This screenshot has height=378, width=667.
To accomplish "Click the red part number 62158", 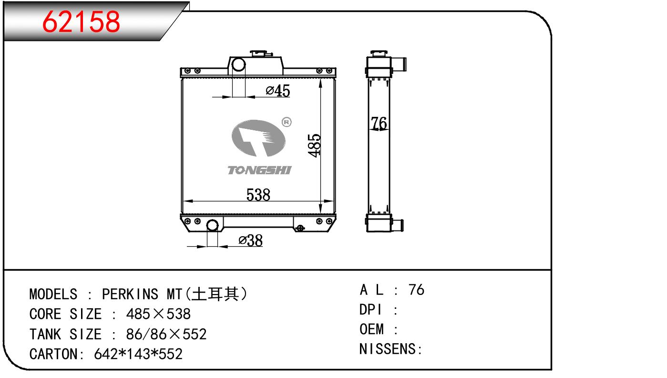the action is [81, 21].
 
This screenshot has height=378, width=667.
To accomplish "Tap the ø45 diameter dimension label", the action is [278, 91].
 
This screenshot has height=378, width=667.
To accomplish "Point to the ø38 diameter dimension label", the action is [250, 241].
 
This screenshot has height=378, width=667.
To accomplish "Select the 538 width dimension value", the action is [258, 195].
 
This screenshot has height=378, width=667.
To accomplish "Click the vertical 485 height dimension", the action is [315, 146].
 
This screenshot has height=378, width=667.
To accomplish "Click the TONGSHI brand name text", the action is [259, 170].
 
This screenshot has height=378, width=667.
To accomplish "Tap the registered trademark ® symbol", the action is [287, 122].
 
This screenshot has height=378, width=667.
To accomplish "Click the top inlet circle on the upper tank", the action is [238, 64].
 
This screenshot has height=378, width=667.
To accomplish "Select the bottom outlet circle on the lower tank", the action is [212, 225].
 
